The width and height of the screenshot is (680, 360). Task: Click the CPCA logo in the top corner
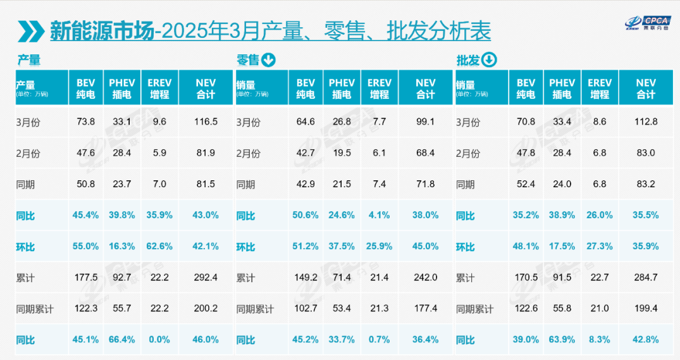click(648, 22)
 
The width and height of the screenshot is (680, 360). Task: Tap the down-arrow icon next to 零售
click(268, 60)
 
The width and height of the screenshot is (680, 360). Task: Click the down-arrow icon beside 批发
click(489, 60)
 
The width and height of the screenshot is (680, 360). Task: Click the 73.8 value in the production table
click(86, 122)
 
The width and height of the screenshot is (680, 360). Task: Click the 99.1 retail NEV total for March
click(426, 122)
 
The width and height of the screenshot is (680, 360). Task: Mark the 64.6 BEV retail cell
click(306, 122)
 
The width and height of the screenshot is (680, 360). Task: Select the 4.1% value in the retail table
click(379, 215)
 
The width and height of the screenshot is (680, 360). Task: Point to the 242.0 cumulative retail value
click(426, 278)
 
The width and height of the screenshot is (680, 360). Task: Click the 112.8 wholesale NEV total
click(646, 122)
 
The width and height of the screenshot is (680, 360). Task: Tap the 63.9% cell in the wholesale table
click(562, 340)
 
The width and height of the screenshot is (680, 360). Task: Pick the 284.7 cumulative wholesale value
click(646, 278)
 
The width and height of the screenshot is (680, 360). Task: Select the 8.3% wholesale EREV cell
click(600, 340)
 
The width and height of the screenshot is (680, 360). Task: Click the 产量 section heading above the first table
click(28, 60)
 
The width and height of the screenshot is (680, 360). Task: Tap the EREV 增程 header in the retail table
click(379, 89)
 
